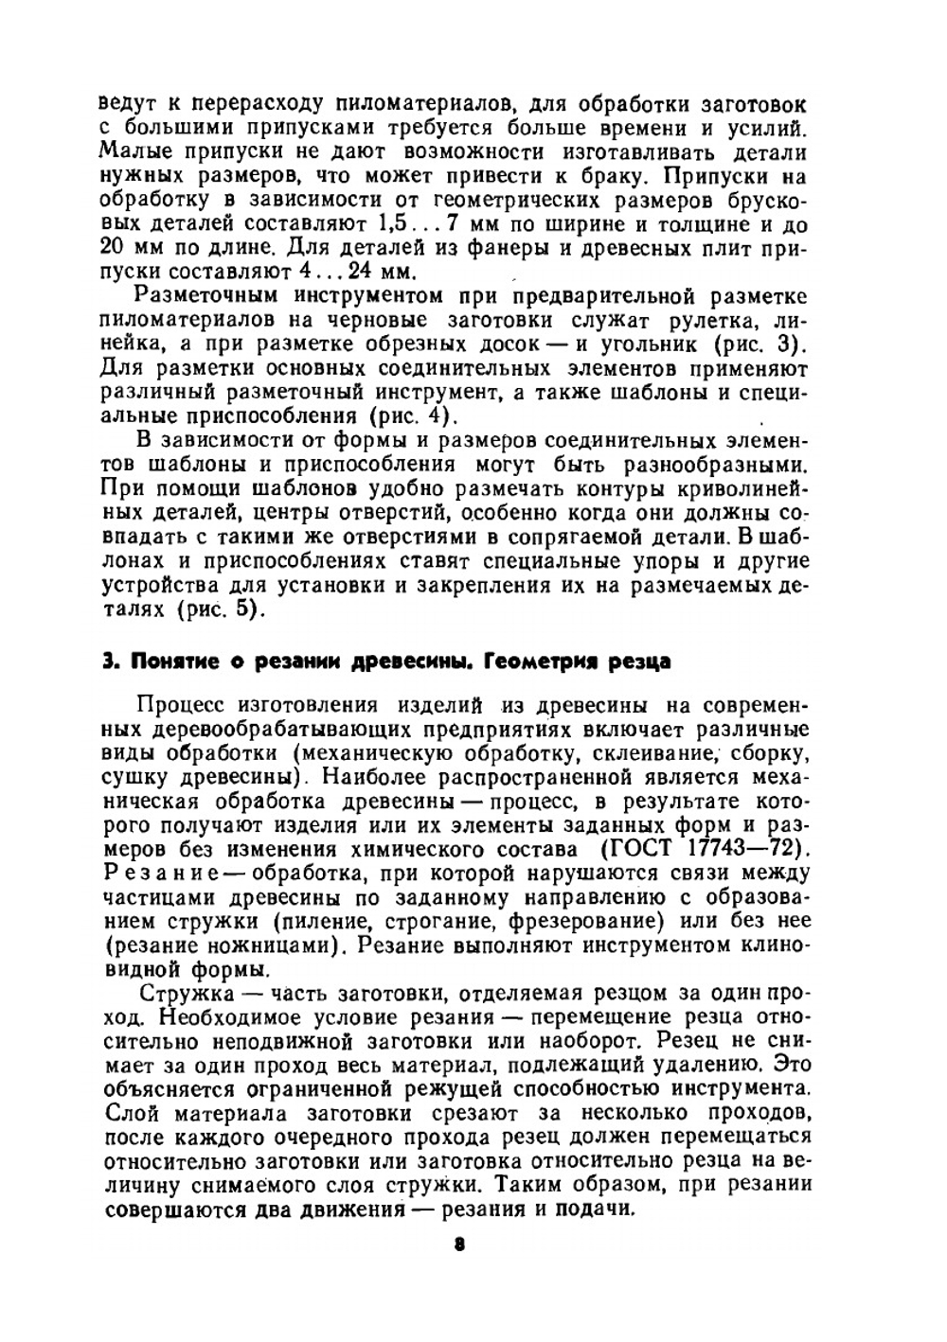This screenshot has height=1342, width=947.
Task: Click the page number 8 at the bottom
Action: [458, 1246]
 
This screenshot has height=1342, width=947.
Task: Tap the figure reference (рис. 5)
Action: [217, 609]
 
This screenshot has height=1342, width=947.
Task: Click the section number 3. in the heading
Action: [108, 662]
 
